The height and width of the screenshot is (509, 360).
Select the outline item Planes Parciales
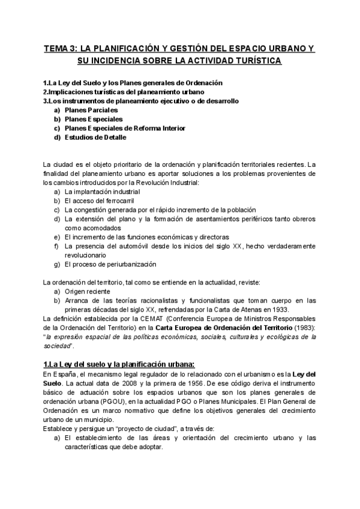[x=91, y=110]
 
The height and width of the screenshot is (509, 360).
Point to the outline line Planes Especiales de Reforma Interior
[x=125, y=128]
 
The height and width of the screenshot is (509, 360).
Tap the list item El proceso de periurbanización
[x=110, y=264]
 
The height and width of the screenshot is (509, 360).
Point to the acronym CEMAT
[x=150, y=319]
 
